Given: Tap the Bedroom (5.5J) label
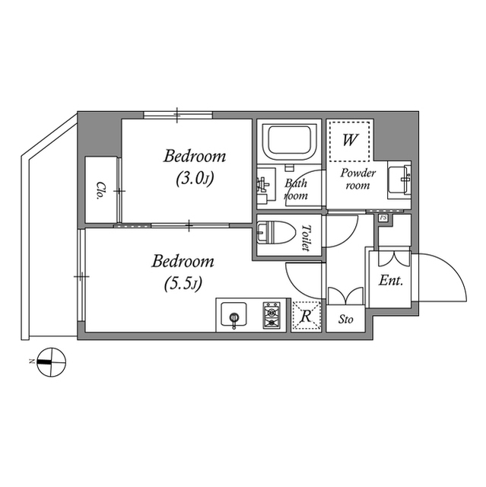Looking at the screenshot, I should [x=183, y=272].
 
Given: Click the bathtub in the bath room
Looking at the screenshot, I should [x=288, y=141].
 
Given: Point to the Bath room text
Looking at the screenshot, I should [x=296, y=189].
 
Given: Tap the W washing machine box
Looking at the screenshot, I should [x=350, y=141].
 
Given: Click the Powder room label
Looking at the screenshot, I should [x=358, y=179].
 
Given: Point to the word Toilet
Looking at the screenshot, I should [x=307, y=238].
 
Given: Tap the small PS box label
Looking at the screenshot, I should [x=383, y=219].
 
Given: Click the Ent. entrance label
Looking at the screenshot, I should [x=391, y=280].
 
